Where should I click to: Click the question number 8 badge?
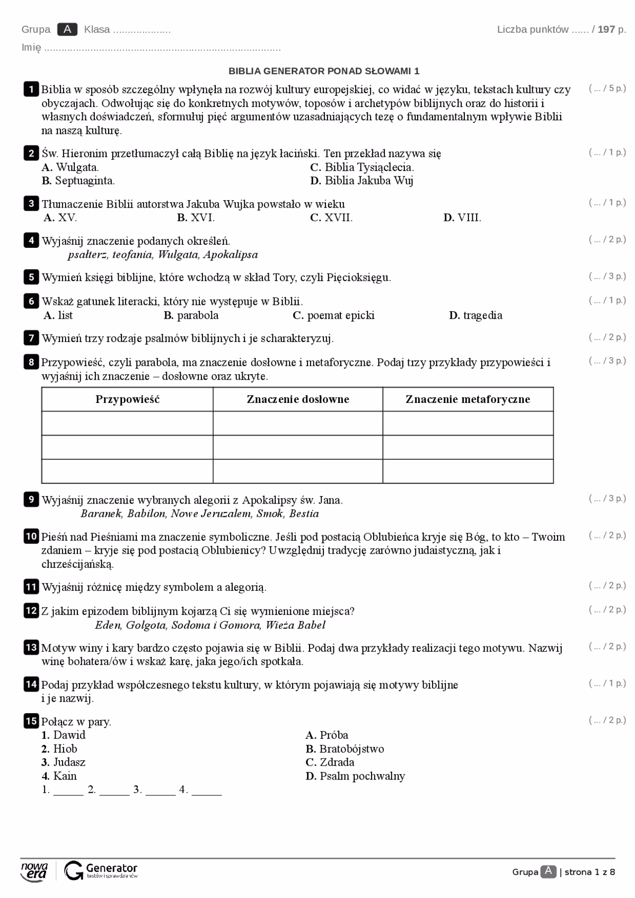click(31, 362)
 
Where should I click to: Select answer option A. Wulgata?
click(70, 167)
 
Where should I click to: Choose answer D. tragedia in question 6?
click(476, 315)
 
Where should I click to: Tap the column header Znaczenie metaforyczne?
click(468, 399)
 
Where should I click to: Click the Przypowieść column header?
click(127, 399)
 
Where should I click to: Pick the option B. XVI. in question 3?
click(196, 218)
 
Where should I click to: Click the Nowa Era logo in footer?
click(34, 872)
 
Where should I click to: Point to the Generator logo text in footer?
click(111, 868)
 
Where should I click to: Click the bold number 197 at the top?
click(606, 29)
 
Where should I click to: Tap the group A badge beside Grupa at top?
click(67, 29)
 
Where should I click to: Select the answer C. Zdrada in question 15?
click(330, 762)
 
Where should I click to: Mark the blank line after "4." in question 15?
click(206, 790)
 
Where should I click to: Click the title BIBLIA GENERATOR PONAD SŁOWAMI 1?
click(324, 71)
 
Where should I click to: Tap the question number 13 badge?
click(31, 648)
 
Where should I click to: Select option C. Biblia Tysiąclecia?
click(362, 167)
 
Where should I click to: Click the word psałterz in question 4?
click(87, 255)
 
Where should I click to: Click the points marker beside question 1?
click(607, 89)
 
